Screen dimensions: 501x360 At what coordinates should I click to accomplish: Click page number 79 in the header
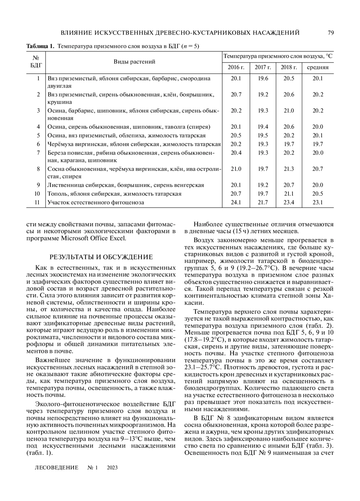point(331,33)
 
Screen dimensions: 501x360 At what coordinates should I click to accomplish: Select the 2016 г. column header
point(236,67)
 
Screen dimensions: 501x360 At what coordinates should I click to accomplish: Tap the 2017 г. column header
point(263,67)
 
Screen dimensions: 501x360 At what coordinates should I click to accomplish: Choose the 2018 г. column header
point(289,67)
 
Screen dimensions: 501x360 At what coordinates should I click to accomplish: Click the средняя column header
point(317,67)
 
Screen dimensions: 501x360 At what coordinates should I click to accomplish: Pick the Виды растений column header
point(134,62)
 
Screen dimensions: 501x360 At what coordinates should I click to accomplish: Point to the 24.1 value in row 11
point(236,202)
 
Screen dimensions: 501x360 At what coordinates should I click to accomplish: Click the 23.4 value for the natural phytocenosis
point(289,202)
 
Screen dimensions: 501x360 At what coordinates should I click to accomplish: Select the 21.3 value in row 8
point(289,169)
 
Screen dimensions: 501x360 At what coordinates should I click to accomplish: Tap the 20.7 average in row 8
point(318,169)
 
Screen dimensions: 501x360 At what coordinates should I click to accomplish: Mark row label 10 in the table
point(37,194)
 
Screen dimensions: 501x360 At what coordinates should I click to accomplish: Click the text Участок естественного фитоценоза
point(96,202)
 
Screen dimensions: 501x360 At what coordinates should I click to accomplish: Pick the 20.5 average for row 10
point(318,194)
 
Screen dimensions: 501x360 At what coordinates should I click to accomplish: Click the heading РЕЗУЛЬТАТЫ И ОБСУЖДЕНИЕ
point(101,257)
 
